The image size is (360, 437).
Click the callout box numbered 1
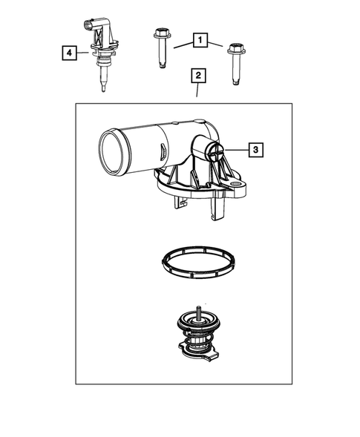[x=200, y=39]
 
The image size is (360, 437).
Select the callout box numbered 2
[x=197, y=75]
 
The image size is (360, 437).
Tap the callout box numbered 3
[x=254, y=151]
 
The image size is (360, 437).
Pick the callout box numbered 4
[x=68, y=53]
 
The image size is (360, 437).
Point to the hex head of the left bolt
[x=160, y=34]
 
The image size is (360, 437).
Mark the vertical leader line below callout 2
[x=197, y=92]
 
